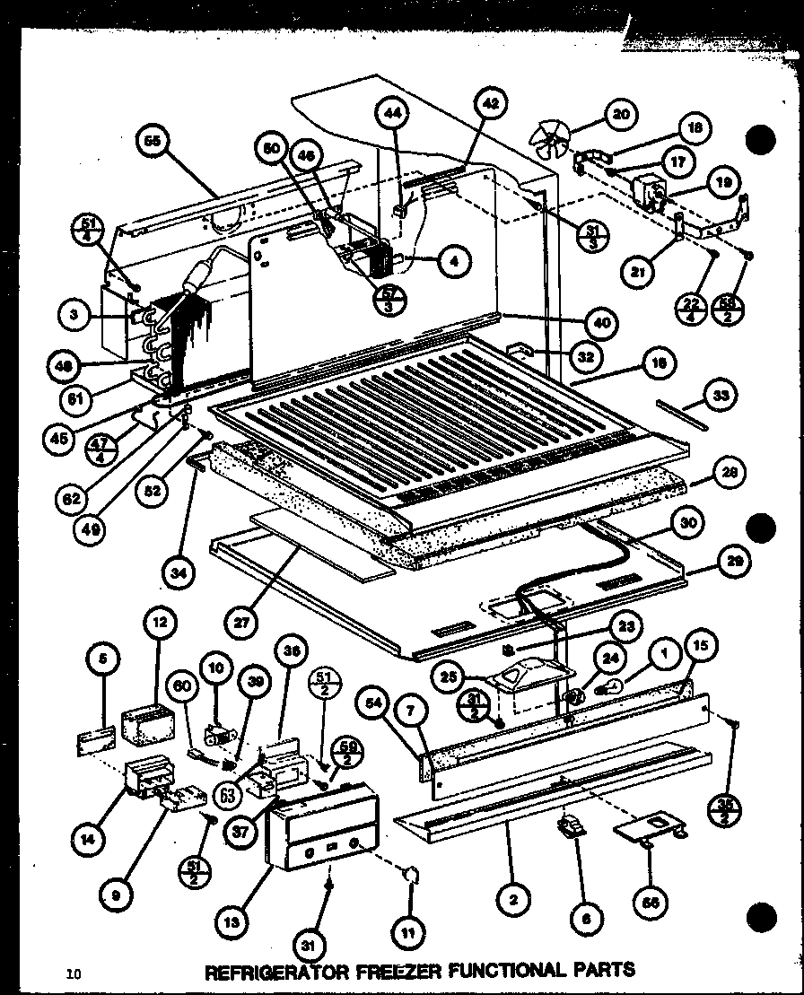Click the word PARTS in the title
tap(601, 970)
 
